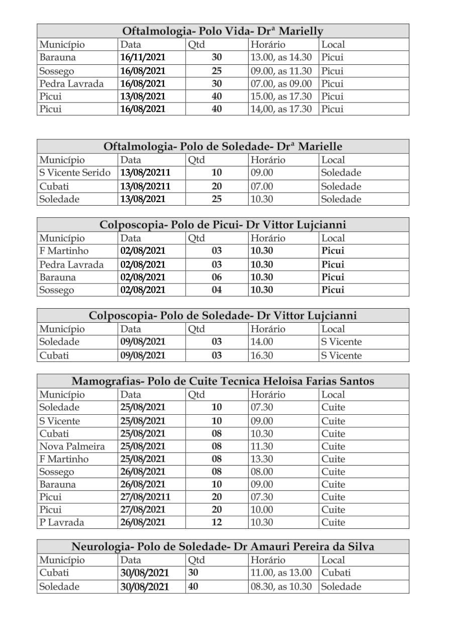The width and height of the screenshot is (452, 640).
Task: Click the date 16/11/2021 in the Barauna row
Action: (143, 57)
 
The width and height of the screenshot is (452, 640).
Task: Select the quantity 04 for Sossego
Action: (216, 290)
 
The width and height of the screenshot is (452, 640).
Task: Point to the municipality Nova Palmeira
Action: (72, 446)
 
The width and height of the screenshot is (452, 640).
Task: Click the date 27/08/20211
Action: (145, 497)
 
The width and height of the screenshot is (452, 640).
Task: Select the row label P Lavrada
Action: (62, 522)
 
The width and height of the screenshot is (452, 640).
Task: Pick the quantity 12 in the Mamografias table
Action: (216, 522)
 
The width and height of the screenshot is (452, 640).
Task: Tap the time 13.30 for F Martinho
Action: (262, 459)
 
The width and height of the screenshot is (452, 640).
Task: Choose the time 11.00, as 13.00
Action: (281, 573)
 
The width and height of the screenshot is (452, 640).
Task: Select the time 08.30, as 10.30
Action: (281, 587)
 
